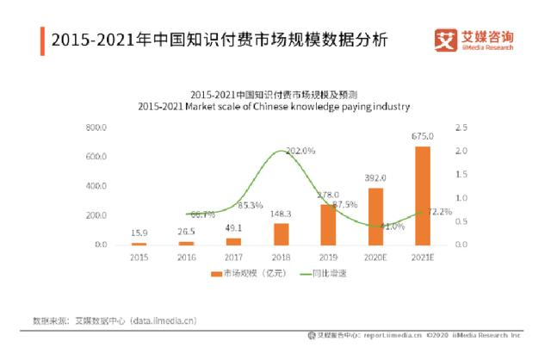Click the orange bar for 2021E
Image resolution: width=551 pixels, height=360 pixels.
422,196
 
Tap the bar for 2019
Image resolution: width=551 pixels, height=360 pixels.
328,225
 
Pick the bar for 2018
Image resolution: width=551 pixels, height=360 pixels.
281,234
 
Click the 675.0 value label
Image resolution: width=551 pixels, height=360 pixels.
422,136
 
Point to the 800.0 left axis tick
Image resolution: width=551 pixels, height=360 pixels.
96,127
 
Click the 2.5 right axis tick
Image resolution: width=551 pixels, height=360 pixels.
461,127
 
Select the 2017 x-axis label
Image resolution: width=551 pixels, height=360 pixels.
233,257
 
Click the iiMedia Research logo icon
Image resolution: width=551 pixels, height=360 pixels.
445,40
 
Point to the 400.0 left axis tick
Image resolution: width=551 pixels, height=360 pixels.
96,186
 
